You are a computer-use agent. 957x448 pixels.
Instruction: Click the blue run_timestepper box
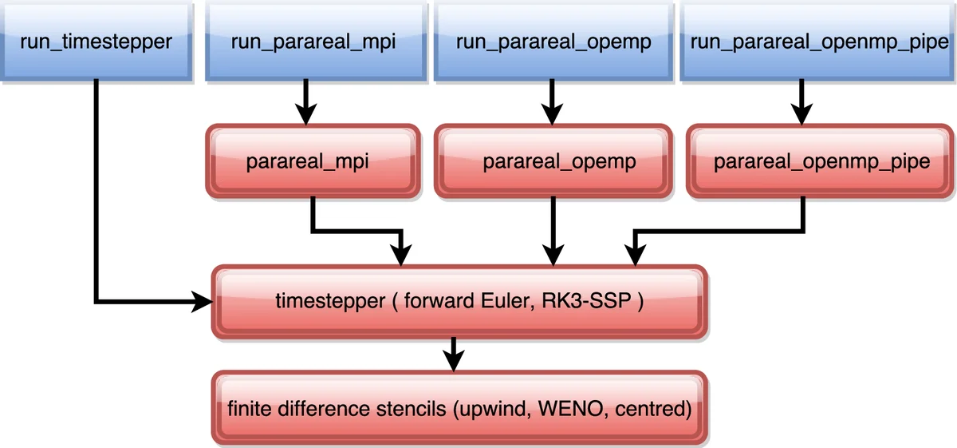click(x=96, y=41)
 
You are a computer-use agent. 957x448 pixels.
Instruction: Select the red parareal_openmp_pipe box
click(x=821, y=161)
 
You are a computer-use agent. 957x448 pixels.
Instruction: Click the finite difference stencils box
click(x=459, y=409)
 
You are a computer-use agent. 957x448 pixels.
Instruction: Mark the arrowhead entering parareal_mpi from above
click(x=305, y=114)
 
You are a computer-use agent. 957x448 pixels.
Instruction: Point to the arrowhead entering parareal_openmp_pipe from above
click(x=802, y=114)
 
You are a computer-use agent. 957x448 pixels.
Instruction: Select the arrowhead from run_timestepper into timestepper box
click(x=203, y=302)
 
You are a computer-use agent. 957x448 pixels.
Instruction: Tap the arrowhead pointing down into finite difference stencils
click(x=454, y=361)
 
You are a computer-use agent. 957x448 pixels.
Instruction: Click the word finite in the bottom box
click(x=246, y=410)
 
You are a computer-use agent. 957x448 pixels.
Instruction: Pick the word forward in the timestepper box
click(x=440, y=303)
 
